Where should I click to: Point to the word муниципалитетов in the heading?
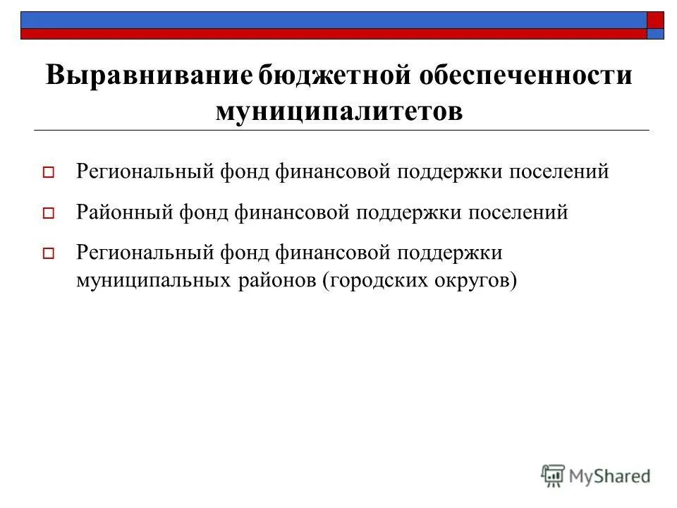pyautogui.click(x=339, y=111)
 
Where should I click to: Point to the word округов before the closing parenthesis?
pyautogui.click(x=472, y=280)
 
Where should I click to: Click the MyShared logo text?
pyautogui.click(x=610, y=476)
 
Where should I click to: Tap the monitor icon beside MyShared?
pyautogui.click(x=554, y=476)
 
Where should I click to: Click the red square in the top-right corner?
pyautogui.click(x=655, y=20)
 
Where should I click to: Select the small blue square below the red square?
pyautogui.click(x=655, y=34)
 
